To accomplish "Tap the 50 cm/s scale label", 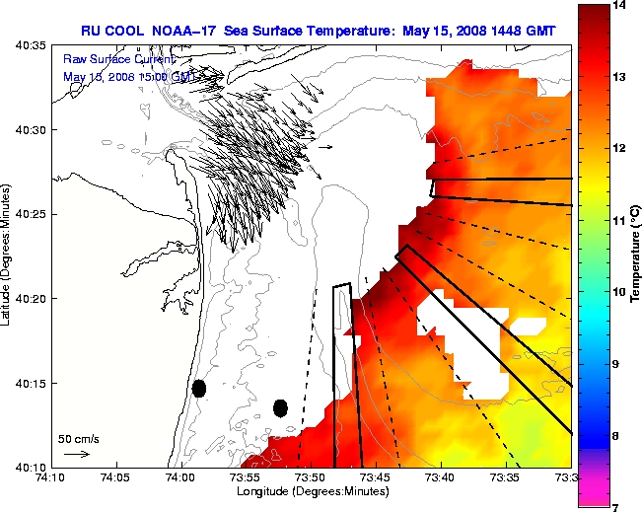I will tap(78, 438).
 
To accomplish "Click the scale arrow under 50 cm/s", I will tap(77, 454).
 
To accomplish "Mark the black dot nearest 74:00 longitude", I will tap(199, 388).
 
